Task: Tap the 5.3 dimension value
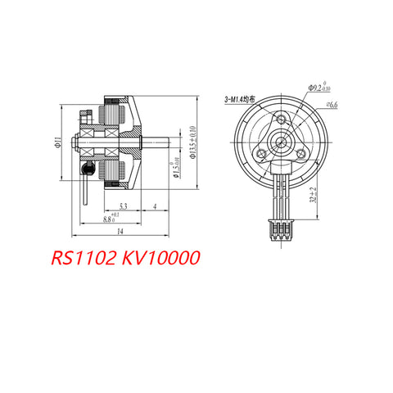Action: point(122,206)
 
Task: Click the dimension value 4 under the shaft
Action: point(156,206)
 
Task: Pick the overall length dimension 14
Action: point(120,233)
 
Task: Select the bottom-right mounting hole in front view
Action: point(302,153)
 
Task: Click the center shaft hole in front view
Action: point(282,142)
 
